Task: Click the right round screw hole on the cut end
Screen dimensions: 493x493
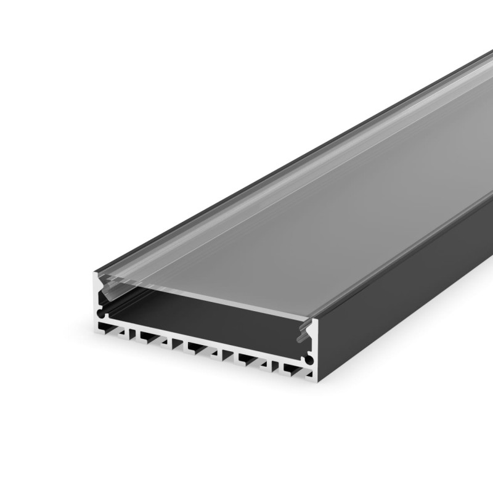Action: coord(309,358)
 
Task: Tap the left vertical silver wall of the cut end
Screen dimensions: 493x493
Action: coord(97,296)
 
